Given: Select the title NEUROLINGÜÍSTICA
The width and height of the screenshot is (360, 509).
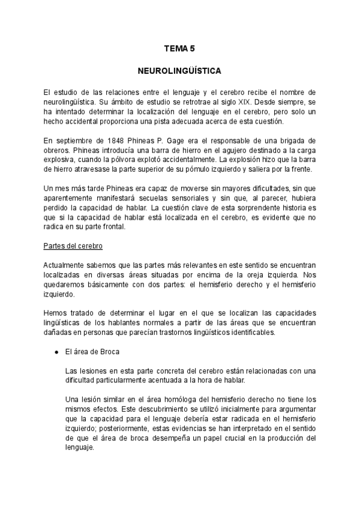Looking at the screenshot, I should pos(179,71).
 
